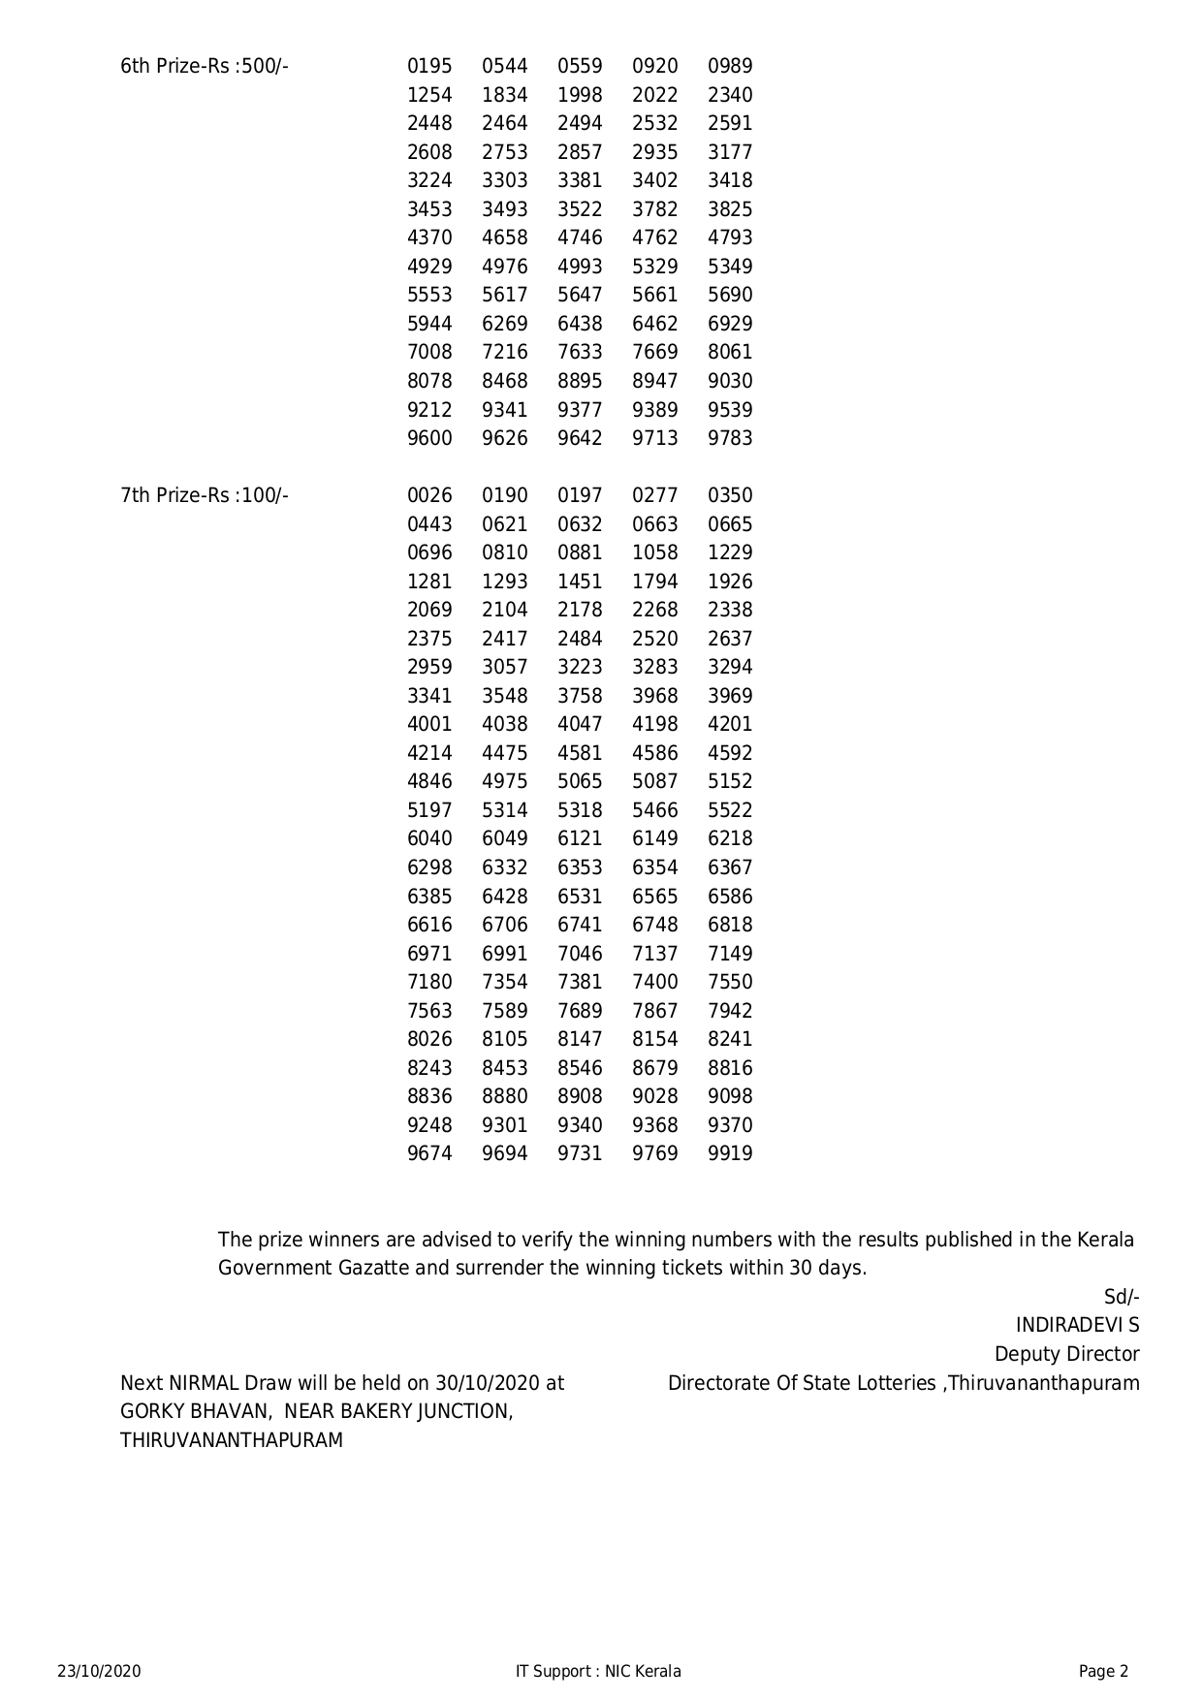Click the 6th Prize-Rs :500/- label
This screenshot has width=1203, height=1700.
tap(205, 66)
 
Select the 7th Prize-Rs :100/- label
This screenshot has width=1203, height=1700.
tap(205, 495)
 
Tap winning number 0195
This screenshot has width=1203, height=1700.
tap(429, 66)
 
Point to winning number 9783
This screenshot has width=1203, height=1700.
tap(730, 438)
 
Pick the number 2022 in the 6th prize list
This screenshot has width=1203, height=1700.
tap(655, 95)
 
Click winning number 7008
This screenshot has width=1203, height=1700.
tap(429, 352)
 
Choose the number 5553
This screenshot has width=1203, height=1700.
tap(429, 295)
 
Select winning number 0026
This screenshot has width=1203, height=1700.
tap(429, 495)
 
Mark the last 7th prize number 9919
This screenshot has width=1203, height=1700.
tap(730, 1153)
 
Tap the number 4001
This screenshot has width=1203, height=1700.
tap(429, 724)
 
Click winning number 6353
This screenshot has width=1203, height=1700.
tap(580, 867)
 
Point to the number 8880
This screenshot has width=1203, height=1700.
tap(505, 1096)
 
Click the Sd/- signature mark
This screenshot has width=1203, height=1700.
tap(1122, 1297)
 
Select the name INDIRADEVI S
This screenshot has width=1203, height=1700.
tap(1077, 1325)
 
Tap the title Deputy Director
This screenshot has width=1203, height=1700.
tap(1066, 1354)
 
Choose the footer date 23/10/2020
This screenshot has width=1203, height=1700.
tap(99, 1671)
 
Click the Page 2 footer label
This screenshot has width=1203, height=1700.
tap(1103, 1671)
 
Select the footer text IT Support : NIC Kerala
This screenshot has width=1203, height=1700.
tap(598, 1671)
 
